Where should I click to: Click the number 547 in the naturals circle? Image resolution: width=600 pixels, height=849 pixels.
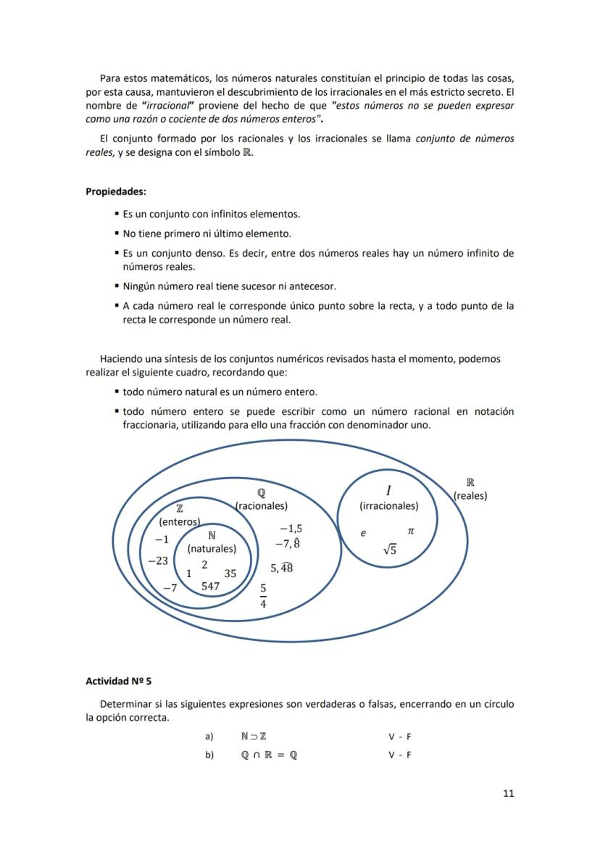[210, 586]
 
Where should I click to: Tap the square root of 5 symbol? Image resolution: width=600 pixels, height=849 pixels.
[389, 550]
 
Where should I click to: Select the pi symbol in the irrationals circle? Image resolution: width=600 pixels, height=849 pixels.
[411, 531]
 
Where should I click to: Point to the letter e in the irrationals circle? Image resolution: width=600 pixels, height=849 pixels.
[363, 533]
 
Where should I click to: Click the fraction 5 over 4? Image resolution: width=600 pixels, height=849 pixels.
[263, 595]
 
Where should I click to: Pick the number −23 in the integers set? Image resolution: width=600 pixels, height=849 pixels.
[158, 561]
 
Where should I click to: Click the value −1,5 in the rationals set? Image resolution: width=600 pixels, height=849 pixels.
[291, 529]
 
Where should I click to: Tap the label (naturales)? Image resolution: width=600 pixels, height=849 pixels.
[212, 549]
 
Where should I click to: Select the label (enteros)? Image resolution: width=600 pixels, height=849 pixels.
[179, 521]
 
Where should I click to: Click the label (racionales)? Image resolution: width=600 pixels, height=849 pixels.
[262, 506]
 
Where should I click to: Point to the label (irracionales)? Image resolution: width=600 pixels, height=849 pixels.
[388, 506]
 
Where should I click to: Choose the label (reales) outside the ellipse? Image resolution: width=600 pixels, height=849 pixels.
[470, 496]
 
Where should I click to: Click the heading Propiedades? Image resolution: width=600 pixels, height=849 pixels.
[116, 192]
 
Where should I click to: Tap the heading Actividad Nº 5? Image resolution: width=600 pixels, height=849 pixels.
[118, 682]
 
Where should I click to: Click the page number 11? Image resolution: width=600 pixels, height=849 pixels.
[508, 793]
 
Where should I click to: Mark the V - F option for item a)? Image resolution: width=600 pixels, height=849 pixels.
[399, 737]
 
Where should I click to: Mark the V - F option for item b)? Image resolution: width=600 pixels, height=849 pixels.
[399, 755]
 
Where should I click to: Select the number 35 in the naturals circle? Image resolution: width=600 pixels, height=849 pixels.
[230, 573]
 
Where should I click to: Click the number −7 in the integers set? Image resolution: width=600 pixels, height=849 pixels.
[170, 588]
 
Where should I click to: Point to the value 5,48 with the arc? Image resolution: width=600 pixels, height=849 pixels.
[281, 568]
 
